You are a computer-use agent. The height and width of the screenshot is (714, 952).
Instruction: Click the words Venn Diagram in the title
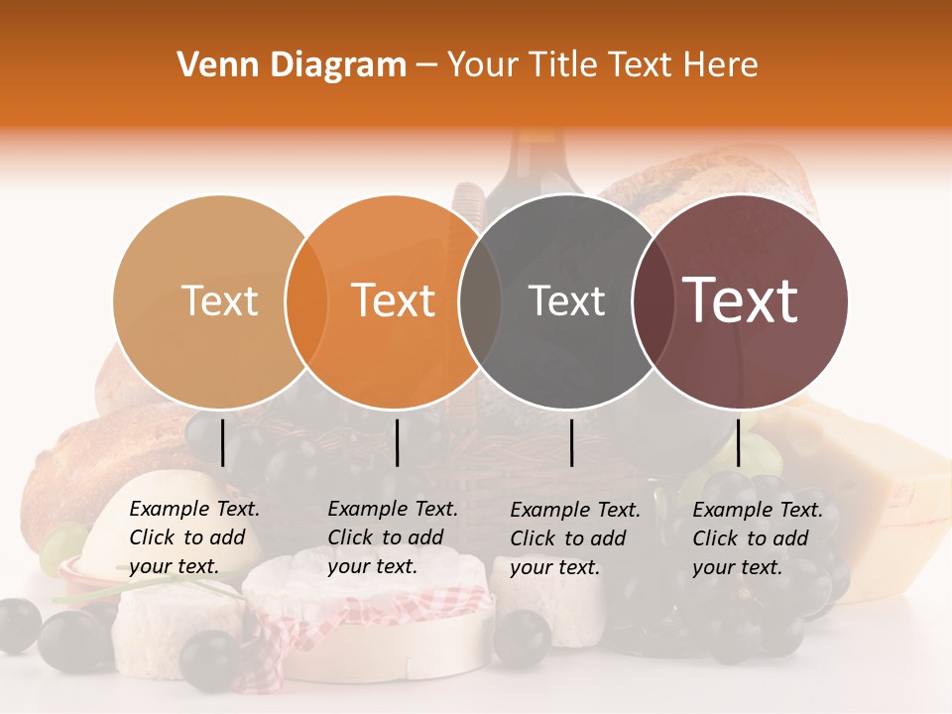tap(292, 65)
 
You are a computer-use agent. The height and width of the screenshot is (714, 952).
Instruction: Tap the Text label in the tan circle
tap(219, 300)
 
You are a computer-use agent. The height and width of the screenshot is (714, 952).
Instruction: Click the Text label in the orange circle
tap(394, 300)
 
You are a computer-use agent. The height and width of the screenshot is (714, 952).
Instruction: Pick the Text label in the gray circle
tap(566, 300)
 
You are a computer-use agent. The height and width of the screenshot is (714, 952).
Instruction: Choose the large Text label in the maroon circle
tap(741, 299)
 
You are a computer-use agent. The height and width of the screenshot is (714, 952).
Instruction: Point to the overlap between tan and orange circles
tap(306, 300)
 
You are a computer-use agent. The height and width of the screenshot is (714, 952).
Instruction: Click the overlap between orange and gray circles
tap(480, 300)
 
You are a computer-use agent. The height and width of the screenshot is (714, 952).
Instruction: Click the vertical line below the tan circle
tap(223, 442)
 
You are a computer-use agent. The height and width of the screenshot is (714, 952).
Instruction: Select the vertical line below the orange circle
tap(397, 442)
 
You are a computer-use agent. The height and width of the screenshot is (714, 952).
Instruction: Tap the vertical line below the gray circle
tap(572, 442)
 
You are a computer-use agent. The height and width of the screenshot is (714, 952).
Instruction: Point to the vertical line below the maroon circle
tap(738, 442)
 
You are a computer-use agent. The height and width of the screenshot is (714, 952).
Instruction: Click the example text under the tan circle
tap(194, 537)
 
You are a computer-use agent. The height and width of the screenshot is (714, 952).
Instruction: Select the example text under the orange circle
tap(393, 537)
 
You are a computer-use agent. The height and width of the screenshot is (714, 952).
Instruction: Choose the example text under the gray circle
tap(575, 538)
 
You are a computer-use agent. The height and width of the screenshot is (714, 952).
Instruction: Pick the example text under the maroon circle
tap(758, 538)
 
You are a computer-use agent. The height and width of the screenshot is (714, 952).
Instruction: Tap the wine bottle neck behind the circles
tap(535, 159)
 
